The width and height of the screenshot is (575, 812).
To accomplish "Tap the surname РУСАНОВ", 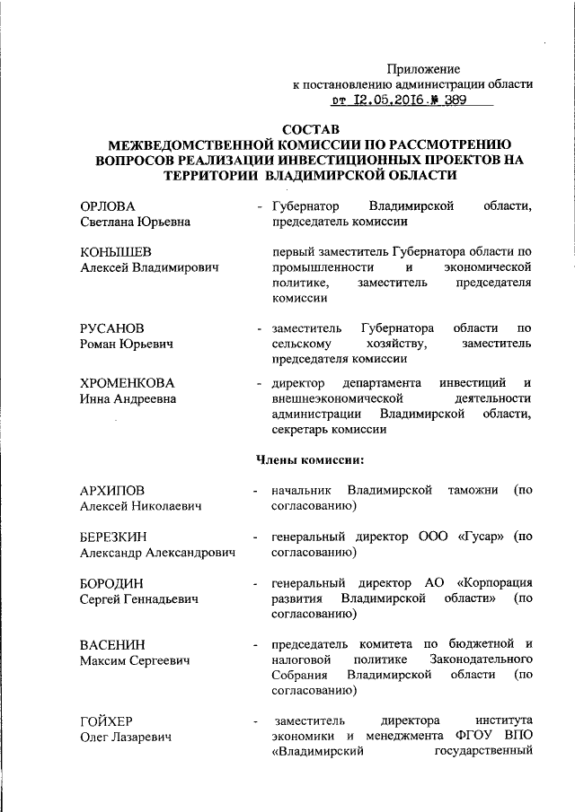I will click(111, 327).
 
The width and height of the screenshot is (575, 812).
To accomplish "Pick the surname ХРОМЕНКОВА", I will click(127, 383).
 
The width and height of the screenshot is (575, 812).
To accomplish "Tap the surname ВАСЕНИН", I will click(112, 644).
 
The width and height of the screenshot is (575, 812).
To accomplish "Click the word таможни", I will click(466, 491).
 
